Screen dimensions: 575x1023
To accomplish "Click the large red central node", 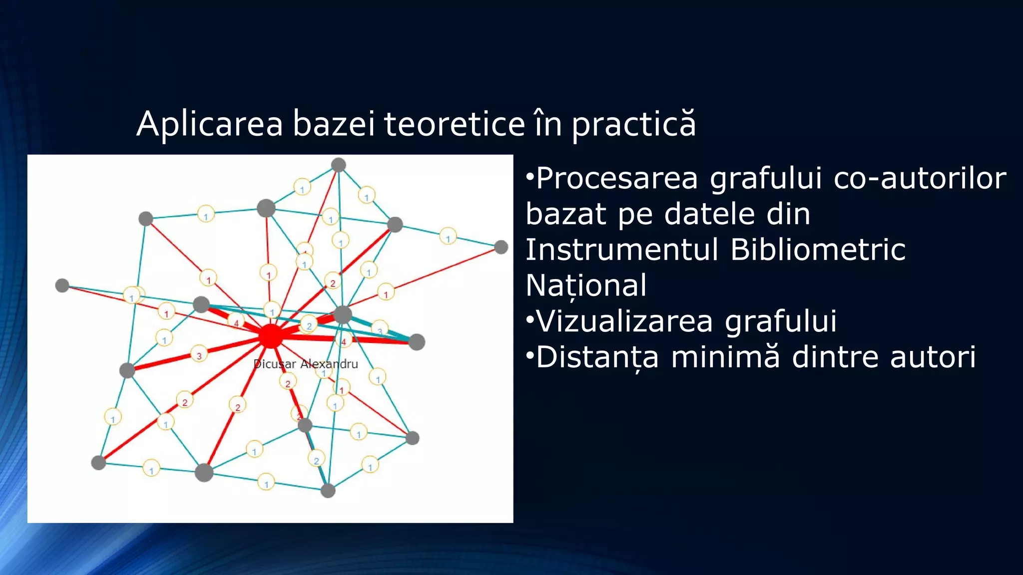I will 271,336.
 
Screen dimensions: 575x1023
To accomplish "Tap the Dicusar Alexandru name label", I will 306,364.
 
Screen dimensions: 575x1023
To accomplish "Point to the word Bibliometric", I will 818,249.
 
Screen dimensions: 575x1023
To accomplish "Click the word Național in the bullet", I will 586,285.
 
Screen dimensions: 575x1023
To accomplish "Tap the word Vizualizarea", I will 624,321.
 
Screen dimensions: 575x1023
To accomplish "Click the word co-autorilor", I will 920,178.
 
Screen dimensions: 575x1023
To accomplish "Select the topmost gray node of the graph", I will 339,165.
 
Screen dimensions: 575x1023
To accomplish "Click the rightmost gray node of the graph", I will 501,247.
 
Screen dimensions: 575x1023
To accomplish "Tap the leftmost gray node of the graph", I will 62,286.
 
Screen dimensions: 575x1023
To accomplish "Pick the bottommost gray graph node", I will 328,491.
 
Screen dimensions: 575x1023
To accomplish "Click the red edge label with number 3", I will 199,356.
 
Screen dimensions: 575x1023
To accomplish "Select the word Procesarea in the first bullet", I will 617,178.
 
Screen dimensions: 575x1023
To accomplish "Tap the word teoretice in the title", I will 454,124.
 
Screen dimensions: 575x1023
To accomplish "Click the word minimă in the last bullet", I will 725,357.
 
